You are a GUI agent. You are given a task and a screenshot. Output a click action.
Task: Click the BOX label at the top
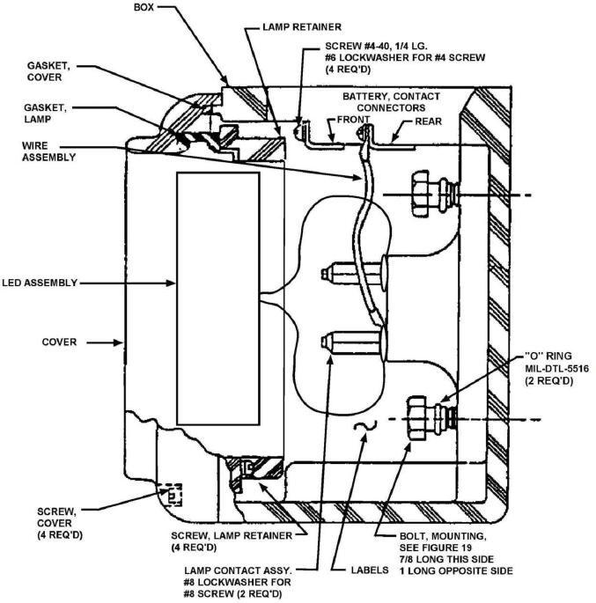143,7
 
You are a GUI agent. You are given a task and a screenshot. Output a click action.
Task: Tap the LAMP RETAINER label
302,27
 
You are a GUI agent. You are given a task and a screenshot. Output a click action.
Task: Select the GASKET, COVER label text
48,71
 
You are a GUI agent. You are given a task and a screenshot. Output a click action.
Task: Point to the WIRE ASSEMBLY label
48,151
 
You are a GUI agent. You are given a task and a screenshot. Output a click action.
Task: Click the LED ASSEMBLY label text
40,283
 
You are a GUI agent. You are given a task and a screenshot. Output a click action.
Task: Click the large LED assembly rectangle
218,298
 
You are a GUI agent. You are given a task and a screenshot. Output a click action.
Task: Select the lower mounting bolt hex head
417,418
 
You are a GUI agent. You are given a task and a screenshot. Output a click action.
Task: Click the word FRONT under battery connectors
353,120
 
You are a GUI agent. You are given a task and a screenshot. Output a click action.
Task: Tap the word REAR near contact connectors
429,121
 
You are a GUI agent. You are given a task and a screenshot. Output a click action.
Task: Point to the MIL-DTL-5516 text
556,369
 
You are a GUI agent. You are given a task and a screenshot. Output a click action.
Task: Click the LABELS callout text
370,570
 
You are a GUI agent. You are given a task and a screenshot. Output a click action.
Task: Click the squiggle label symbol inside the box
364,425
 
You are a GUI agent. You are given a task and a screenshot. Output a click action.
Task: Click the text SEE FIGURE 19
435,548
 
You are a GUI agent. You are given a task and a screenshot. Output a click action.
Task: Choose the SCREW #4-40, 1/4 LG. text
376,46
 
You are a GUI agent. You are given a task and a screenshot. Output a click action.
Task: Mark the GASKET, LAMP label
45,114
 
